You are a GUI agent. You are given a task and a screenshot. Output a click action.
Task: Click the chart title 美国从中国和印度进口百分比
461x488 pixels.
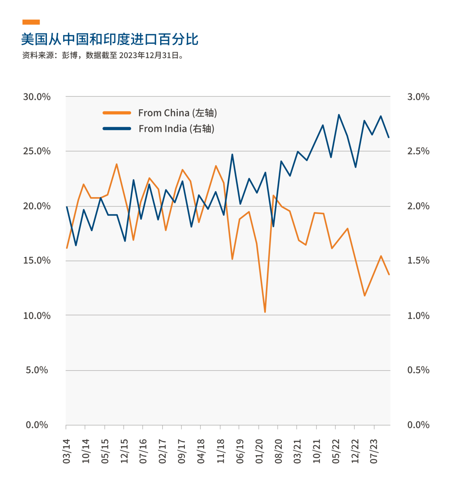pyautogui.click(x=110, y=40)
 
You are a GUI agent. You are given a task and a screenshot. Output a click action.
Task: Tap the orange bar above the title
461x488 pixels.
pyautogui.click(x=31, y=22)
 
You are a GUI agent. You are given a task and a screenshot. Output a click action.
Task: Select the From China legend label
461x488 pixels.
pyautogui.click(x=178, y=113)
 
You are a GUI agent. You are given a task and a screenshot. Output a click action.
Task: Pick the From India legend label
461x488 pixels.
pyautogui.click(x=176, y=129)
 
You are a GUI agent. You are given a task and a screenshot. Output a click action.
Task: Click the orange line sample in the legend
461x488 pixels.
pyautogui.click(x=117, y=113)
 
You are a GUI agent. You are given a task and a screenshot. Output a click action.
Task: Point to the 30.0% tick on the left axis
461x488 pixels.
pyautogui.click(x=37, y=97)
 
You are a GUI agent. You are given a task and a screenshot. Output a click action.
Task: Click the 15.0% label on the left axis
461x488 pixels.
pyautogui.click(x=37, y=261)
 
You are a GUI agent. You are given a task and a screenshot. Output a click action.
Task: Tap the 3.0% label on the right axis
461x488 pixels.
pyautogui.click(x=418, y=97)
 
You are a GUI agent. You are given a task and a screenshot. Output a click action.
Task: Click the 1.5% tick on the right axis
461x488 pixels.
pyautogui.click(x=418, y=261)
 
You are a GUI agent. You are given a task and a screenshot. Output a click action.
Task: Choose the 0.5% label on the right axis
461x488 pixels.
pyautogui.click(x=418, y=370)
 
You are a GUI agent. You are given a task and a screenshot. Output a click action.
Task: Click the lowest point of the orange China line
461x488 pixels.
pyautogui.click(x=265, y=312)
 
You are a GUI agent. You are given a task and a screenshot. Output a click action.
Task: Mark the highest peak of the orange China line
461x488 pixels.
pyautogui.click(x=117, y=164)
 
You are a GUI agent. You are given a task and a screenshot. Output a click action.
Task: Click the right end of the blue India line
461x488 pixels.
pyautogui.click(x=388, y=137)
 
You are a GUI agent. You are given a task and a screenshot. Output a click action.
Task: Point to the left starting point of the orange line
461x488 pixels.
pyautogui.click(x=67, y=248)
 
